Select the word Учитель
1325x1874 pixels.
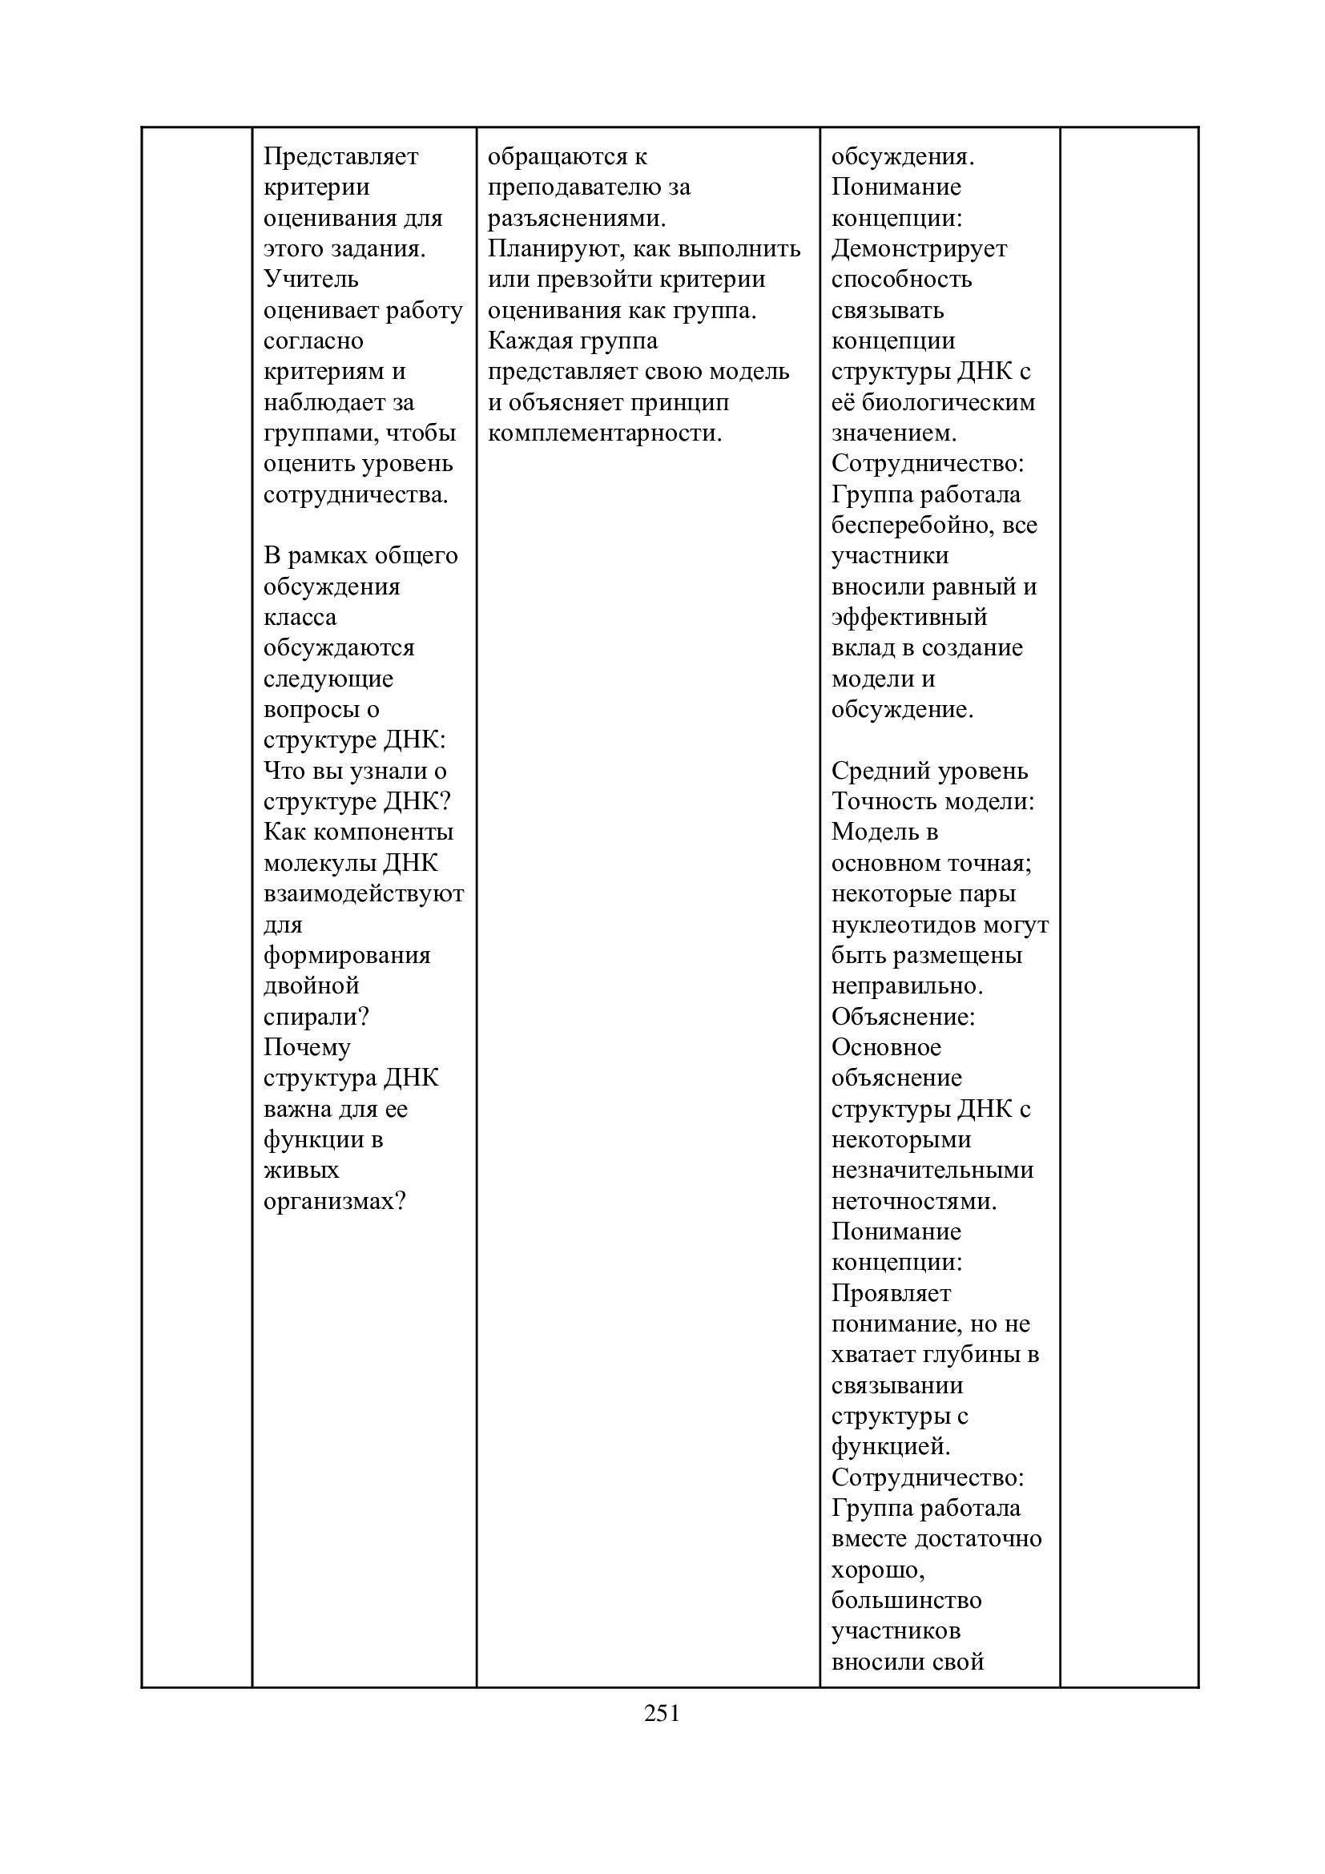(x=311, y=279)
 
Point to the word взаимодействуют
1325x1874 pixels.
(x=364, y=894)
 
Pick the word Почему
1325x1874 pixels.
(x=307, y=1047)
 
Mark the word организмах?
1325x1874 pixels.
(x=335, y=1202)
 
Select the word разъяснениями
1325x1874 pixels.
(x=576, y=218)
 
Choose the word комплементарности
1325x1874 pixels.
(x=605, y=433)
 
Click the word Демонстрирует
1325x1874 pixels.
(x=920, y=249)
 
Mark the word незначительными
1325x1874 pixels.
(x=932, y=1171)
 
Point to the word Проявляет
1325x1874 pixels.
(x=891, y=1294)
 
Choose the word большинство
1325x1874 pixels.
(x=907, y=1601)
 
